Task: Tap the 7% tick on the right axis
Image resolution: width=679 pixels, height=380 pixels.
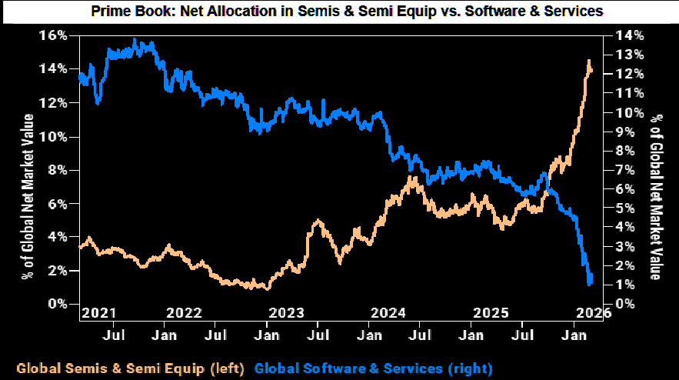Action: (x=624, y=170)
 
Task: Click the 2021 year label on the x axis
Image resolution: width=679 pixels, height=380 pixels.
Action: (x=99, y=313)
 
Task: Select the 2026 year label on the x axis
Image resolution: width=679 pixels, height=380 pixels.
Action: (x=593, y=313)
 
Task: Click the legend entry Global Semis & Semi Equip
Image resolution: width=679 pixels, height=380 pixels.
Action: (x=130, y=367)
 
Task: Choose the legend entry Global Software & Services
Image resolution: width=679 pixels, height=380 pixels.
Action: (x=373, y=367)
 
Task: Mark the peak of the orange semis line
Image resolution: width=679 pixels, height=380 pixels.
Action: (x=589, y=61)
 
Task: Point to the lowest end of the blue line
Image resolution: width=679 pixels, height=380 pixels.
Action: (x=590, y=284)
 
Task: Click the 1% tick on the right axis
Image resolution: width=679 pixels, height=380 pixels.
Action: (x=624, y=285)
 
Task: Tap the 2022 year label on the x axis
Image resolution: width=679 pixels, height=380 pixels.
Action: (x=184, y=313)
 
